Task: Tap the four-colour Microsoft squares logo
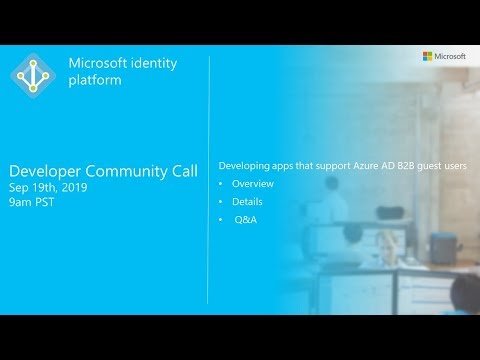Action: (x=427, y=56)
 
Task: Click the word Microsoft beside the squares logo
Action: (x=449, y=56)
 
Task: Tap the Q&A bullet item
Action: (x=245, y=219)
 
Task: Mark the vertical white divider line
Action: (x=208, y=180)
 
